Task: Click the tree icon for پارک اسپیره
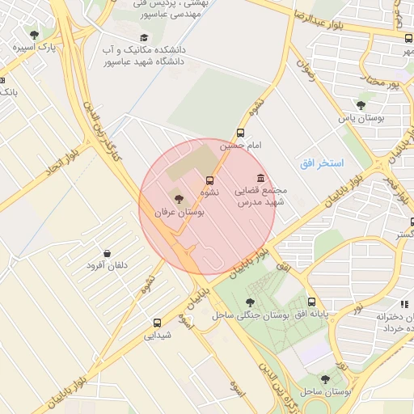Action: click(x=34, y=35)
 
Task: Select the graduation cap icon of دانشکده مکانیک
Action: click(x=144, y=38)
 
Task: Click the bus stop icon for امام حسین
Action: click(x=240, y=133)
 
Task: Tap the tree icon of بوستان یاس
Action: click(x=361, y=105)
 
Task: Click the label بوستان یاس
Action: click(x=359, y=119)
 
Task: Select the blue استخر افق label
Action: click(x=322, y=163)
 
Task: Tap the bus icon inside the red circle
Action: click(x=210, y=180)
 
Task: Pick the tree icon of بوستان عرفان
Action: click(x=178, y=198)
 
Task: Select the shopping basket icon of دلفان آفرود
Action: click(x=108, y=252)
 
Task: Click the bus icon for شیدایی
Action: click(x=157, y=322)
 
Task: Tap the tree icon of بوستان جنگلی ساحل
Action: click(x=248, y=302)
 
